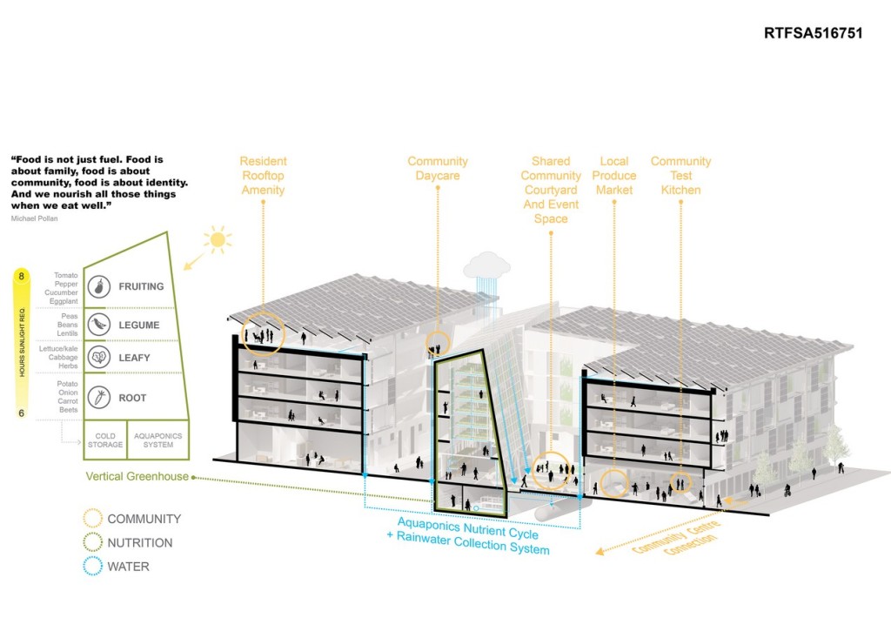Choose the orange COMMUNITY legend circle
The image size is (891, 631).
click(90, 519)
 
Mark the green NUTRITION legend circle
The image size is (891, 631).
click(90, 543)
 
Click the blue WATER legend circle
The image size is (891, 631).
click(90, 567)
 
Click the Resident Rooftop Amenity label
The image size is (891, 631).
click(263, 175)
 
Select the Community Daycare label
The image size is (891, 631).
click(437, 168)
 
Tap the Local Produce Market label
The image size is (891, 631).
click(614, 175)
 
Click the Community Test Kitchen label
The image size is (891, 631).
click(680, 175)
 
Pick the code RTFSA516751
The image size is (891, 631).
click(813, 35)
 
